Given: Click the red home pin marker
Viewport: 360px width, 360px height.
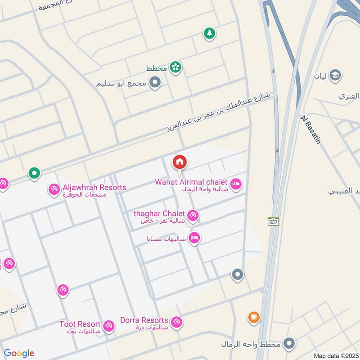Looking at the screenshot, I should click(x=180, y=162).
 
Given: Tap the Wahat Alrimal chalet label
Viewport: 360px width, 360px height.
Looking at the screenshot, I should click(x=191, y=182).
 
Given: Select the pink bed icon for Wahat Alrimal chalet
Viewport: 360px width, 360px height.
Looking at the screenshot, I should click(x=236, y=184).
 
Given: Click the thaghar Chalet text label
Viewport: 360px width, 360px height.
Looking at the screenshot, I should click(x=159, y=213).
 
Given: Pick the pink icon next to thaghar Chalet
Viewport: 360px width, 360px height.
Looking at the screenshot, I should click(x=193, y=216).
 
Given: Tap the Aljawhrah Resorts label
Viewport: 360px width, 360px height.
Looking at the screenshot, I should click(x=94, y=187).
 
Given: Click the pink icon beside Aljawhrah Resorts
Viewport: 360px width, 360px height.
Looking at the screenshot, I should click(x=54, y=189).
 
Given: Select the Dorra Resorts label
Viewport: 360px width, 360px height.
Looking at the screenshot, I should click(x=144, y=320).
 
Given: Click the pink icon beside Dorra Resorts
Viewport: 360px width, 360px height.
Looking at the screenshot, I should click(x=176, y=323).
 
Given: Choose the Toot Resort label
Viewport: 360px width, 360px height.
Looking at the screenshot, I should click(x=80, y=324).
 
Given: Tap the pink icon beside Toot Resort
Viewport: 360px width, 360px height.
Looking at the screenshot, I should click(x=108, y=326).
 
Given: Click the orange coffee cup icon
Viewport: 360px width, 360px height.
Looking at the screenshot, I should click(x=254, y=318).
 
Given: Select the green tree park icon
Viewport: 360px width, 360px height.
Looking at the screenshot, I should click(x=209, y=33).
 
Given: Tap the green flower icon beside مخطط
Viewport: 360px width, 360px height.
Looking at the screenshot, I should click(x=175, y=67).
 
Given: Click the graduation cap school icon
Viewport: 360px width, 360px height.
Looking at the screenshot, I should click(x=335, y=75).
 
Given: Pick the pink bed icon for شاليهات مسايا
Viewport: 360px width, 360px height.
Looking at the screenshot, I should click(x=194, y=238).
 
